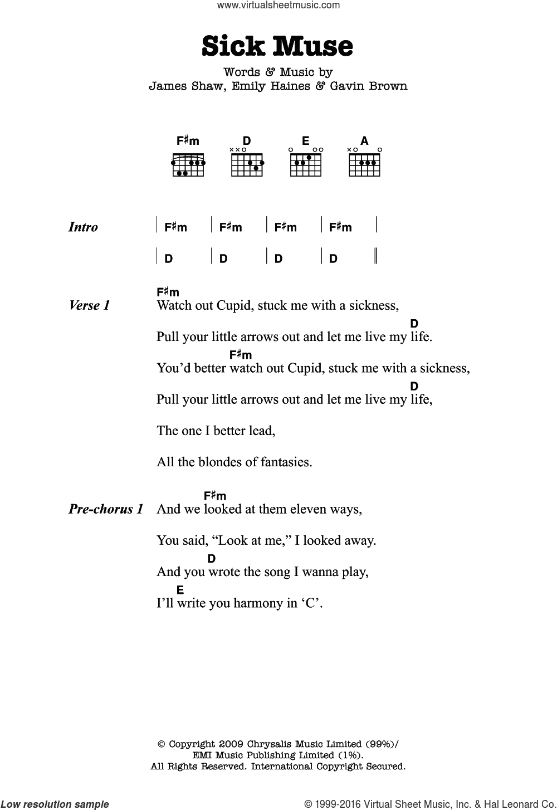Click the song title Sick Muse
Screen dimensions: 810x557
277,46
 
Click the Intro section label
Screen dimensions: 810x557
83,227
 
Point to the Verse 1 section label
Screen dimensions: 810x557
89,305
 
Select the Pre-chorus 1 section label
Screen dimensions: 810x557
106,509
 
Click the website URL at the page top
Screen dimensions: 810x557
278,6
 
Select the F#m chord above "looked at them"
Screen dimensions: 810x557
215,495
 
